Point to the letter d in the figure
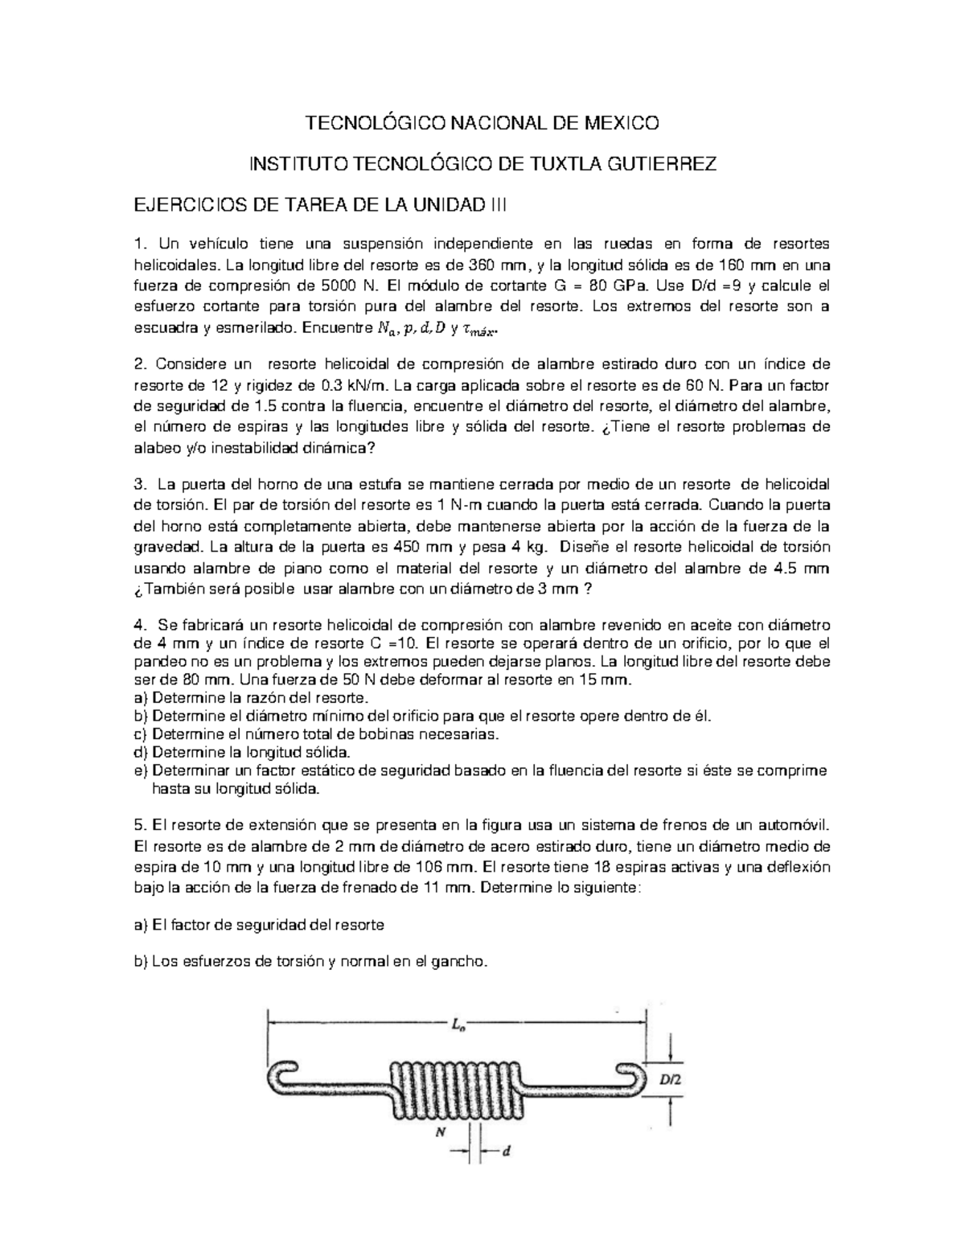[507, 1151]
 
